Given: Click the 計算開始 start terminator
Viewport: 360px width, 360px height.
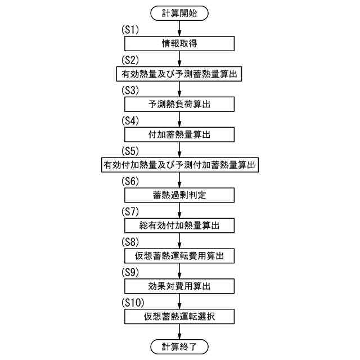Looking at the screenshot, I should pyautogui.click(x=179, y=12).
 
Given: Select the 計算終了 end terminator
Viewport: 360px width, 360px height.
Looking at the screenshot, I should pyautogui.click(x=179, y=346).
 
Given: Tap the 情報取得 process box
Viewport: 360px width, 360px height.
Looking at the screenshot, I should pyautogui.click(x=179, y=44).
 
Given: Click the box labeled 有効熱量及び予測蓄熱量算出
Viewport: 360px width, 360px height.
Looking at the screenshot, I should pyautogui.click(x=179, y=74).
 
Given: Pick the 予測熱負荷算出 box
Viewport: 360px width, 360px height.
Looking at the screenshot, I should pyautogui.click(x=179, y=105).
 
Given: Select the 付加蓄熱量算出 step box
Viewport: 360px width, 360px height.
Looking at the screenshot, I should pyautogui.click(x=179, y=135).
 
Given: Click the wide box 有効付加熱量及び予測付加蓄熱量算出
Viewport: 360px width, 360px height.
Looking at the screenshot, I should pyautogui.click(x=179, y=165).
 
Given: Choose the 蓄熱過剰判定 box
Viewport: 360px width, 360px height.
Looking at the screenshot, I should pyautogui.click(x=179, y=195).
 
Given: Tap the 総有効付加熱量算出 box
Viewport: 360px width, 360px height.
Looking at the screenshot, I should pyautogui.click(x=179, y=226).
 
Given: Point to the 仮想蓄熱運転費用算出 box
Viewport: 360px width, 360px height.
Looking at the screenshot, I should pyautogui.click(x=179, y=256).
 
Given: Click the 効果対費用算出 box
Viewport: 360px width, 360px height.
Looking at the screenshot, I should pyautogui.click(x=179, y=286).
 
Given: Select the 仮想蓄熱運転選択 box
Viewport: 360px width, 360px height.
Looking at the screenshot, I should pyautogui.click(x=179, y=317).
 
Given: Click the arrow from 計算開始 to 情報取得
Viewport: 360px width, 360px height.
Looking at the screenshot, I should pyautogui.click(x=179, y=28).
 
